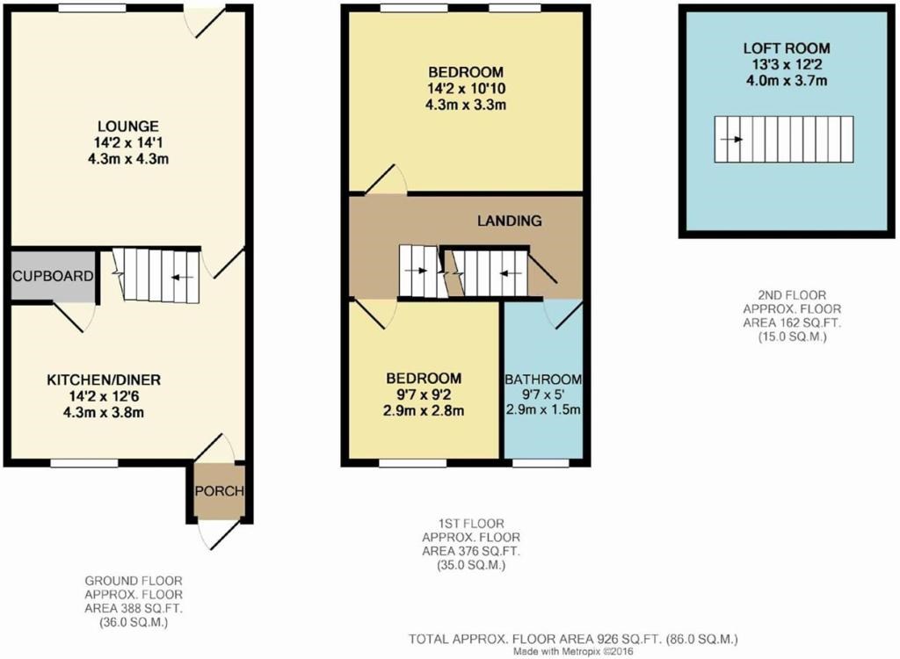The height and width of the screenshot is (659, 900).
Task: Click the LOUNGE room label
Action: point(129,126)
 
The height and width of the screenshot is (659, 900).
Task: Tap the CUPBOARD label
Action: point(53,276)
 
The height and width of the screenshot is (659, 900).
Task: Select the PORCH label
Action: point(219,490)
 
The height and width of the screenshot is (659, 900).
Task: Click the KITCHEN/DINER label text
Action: point(104,380)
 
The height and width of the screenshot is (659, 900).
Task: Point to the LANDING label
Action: point(510,221)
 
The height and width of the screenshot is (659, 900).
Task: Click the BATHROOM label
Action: point(542,380)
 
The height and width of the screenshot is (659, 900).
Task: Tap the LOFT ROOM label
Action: point(787,48)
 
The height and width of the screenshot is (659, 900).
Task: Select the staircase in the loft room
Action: point(783,139)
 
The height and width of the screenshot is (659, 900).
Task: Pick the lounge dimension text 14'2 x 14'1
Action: point(129,142)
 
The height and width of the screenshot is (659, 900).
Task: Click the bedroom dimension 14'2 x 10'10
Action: point(466,88)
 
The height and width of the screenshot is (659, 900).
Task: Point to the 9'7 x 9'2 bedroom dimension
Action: point(425,395)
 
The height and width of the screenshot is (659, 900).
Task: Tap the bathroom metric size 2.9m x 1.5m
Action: point(542,410)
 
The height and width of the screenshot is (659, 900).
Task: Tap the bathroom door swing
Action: point(562,315)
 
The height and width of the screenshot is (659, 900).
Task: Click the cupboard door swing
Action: point(74,316)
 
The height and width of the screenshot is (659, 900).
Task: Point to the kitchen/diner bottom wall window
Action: point(83,462)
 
